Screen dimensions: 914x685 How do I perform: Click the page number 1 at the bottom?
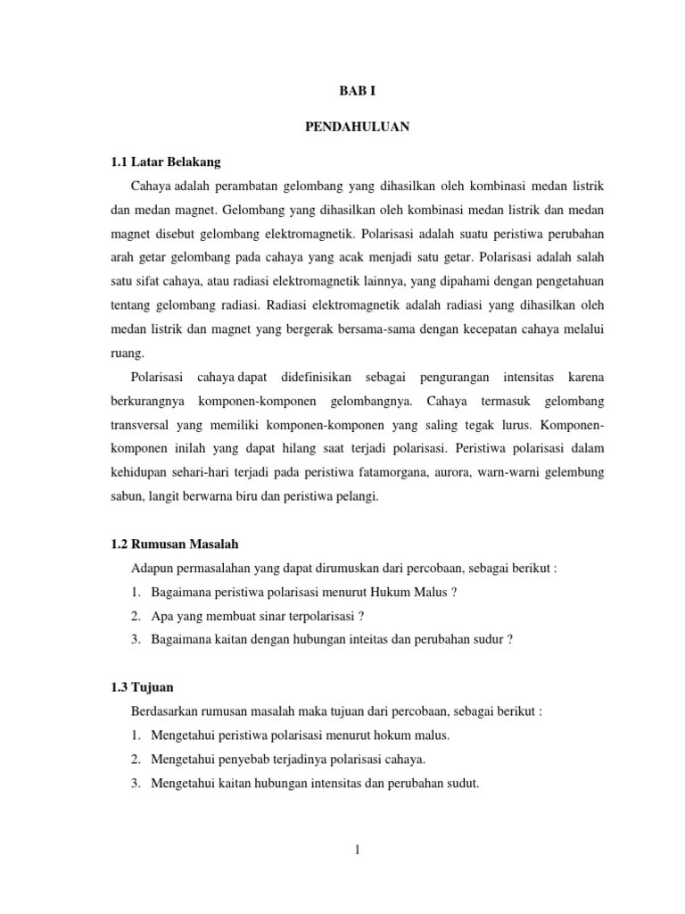tap(356, 850)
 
